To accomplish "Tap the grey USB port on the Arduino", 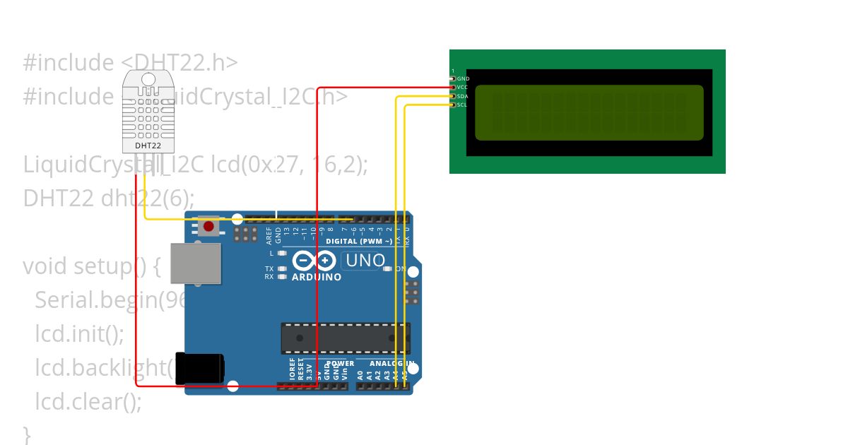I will [196, 263].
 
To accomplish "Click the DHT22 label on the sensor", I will [148, 146].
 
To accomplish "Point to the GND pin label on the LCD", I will [463, 79].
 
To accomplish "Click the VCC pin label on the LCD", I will [463, 88].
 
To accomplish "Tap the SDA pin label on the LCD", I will [463, 96].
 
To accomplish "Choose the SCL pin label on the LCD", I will [463, 105].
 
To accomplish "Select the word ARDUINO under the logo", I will [317, 277].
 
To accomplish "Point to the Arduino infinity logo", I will [314, 261].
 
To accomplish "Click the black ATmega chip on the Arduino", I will [345, 338].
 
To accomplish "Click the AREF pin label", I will [269, 235].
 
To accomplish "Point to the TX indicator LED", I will [282, 269].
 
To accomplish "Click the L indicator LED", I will [282, 253].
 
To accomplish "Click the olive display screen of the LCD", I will [589, 112].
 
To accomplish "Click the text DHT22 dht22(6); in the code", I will [108, 198].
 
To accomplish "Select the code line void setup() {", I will [92, 266].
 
